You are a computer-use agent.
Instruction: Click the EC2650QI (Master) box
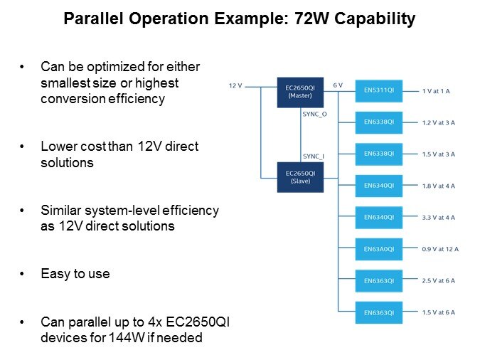click(300, 92)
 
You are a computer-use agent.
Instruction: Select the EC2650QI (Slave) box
click(300, 177)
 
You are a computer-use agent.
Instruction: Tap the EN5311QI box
click(379, 91)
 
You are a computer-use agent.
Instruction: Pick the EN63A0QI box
click(379, 249)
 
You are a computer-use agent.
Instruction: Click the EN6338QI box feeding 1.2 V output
click(379, 122)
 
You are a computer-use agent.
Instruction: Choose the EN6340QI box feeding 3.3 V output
click(379, 218)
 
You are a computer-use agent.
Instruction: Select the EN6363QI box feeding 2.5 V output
click(379, 281)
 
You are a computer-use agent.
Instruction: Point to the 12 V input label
click(235, 86)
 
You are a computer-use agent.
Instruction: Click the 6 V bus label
click(338, 85)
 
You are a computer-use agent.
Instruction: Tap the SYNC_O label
click(315, 115)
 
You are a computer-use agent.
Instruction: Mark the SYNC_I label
click(314, 157)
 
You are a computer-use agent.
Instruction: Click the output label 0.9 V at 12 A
click(440, 249)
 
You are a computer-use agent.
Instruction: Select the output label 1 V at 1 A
click(436, 91)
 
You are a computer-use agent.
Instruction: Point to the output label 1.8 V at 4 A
click(438, 186)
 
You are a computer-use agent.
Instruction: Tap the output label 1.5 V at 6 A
click(438, 312)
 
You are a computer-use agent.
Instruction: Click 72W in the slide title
click(311, 18)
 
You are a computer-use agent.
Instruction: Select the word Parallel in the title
click(94, 18)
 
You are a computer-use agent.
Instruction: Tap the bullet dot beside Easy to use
click(22, 274)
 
